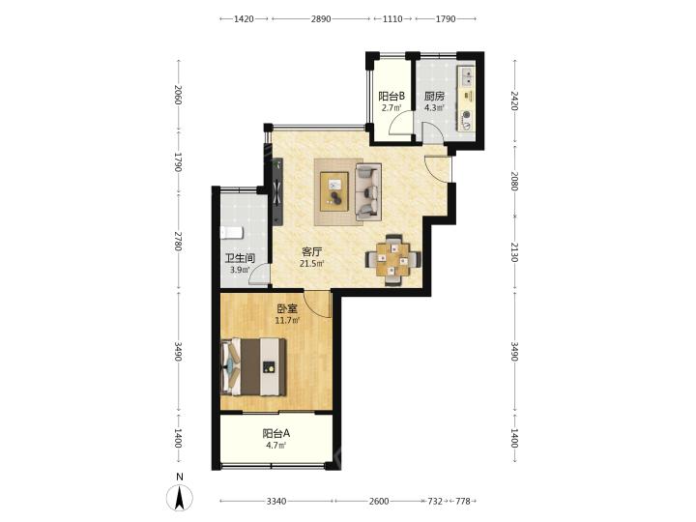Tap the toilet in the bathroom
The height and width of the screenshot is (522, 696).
coord(232,233)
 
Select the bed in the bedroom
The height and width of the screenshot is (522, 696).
coord(253,366)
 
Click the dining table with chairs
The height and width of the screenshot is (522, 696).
coord(392,259)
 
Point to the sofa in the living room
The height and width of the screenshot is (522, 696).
coord(368,192)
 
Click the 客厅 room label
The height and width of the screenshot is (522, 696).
coord(311,252)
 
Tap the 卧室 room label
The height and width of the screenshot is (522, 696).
coord(287,308)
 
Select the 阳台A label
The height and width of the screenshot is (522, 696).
coord(276,433)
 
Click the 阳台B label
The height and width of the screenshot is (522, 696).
coord(391,97)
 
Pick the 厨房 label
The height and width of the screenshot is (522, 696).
coord(434,97)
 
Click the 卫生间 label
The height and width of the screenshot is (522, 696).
coord(240,258)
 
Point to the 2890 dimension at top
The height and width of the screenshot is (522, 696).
coord(321,18)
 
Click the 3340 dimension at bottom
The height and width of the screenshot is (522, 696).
coord(276,501)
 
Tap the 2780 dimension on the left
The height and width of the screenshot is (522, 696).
coord(178,241)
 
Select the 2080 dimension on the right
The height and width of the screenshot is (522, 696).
coord(514,181)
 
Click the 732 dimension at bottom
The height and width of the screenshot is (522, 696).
coord(435,501)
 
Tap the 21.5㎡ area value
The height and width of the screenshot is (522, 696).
coord(311,264)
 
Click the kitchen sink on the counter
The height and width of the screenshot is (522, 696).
coord(467,76)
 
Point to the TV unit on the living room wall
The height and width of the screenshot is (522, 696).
coord(277,191)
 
